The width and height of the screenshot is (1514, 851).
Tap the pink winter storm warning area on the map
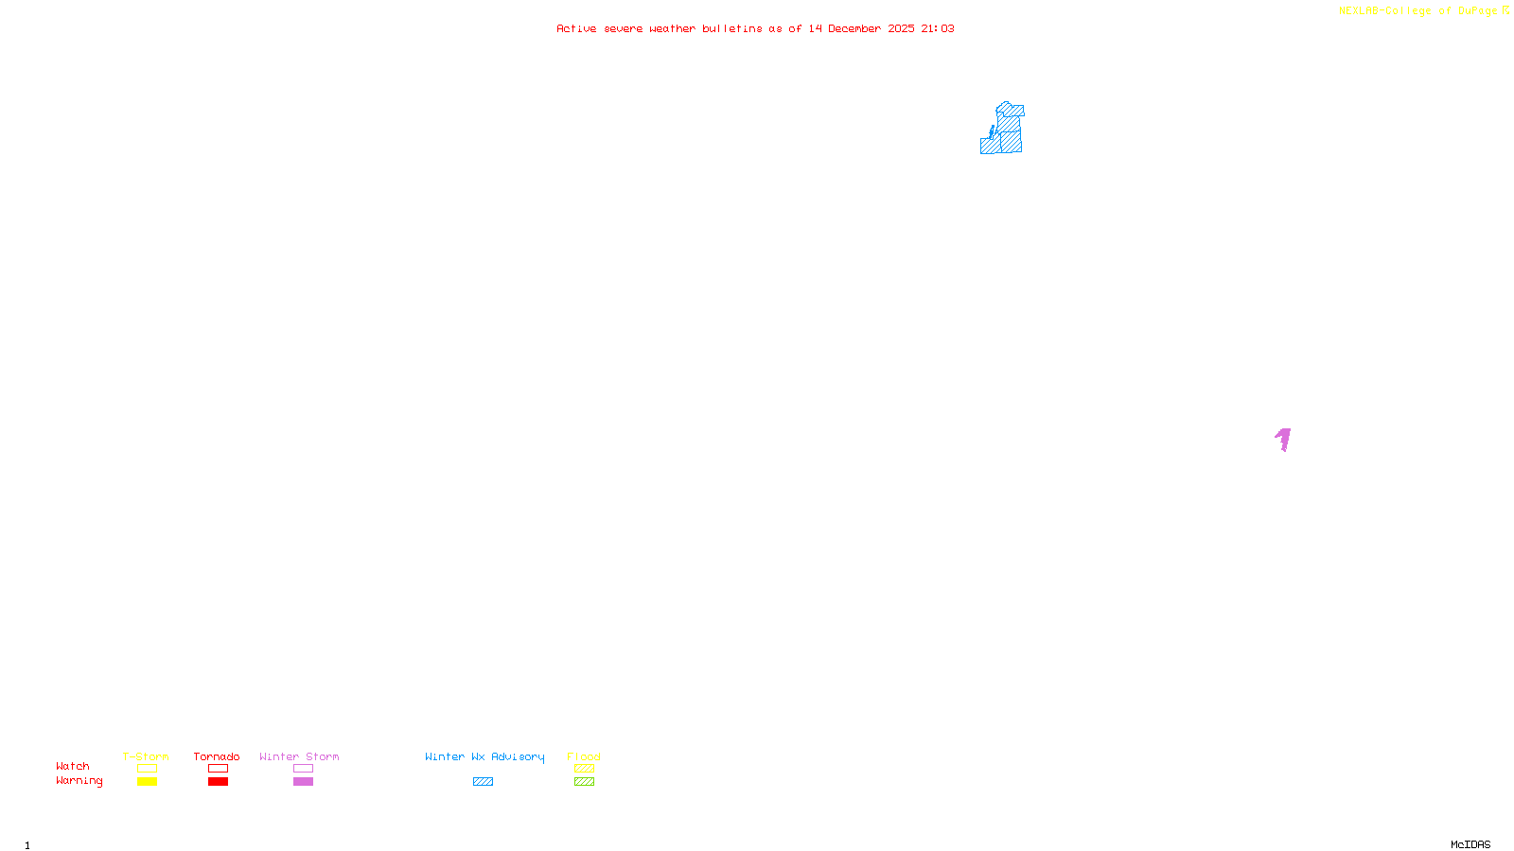1283,439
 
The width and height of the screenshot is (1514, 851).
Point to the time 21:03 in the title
937,28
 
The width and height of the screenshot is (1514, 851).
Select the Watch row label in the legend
73,766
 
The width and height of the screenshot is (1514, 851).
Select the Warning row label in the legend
79,781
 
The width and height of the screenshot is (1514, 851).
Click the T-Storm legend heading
146,756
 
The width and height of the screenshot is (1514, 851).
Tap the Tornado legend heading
217,756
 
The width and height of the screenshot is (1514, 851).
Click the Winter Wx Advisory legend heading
484,756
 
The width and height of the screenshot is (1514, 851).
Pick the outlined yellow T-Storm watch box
147,769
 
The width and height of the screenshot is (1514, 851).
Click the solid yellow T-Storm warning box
147,782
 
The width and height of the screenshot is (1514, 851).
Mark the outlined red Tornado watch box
218,769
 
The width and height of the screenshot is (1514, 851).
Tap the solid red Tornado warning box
218,782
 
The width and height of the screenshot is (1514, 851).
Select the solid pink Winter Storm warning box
303,782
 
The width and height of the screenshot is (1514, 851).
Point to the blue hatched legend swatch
483,782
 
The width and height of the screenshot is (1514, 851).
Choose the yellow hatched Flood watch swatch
584,769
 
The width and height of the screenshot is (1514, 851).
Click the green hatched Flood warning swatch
584,782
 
